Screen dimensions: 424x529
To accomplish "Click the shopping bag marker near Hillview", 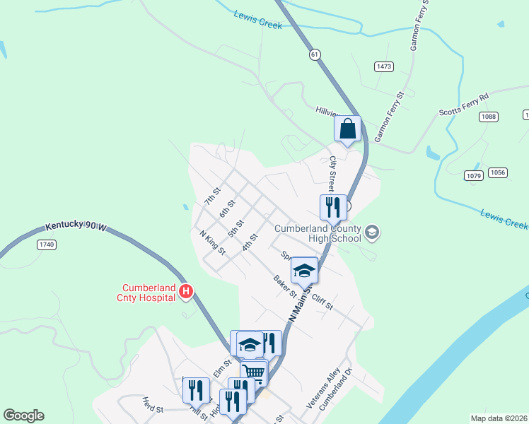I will tap(347, 129).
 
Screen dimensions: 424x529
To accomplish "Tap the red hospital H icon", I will tap(186, 291).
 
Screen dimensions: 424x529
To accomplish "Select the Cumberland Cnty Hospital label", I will tap(149, 293).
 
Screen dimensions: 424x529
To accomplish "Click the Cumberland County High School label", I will tap(318, 233).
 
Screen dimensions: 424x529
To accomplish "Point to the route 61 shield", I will tap(315, 54).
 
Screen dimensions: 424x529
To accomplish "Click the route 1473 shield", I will tap(384, 66).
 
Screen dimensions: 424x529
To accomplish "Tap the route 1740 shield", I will tap(47, 245).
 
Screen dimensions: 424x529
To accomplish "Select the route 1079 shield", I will tap(474, 175).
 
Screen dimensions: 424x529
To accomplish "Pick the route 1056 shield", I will tap(498, 172).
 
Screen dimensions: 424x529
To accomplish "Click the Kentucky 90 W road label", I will tap(76, 228).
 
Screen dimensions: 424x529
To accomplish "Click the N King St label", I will tap(212, 242).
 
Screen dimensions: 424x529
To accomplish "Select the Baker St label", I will tap(284, 286).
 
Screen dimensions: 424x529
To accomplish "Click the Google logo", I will tap(23, 416).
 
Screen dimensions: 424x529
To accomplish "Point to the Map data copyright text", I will tap(499, 418).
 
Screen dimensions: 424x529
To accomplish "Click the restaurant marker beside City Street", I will tap(333, 207).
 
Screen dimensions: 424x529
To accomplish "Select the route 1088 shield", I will tap(488, 117).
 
